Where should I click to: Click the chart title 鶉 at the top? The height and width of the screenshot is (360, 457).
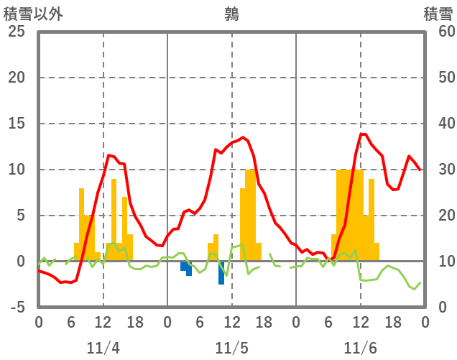tap(231, 14)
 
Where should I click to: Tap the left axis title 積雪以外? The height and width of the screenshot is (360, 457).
tap(32, 14)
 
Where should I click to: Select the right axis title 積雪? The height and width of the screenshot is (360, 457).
tap(437, 14)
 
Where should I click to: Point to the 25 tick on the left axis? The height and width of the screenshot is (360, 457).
tap(16, 32)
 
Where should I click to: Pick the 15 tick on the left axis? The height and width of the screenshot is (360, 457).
tap(16, 124)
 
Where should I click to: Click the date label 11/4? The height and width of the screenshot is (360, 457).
tap(103, 349)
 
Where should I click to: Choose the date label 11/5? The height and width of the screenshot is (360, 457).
tap(231, 349)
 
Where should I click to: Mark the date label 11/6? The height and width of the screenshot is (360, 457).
tap(360, 349)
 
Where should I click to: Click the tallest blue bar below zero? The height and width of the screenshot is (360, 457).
tap(221, 274)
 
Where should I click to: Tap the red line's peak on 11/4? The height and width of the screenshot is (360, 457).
tap(109, 155)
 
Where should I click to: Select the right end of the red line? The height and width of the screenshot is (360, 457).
tap(420, 170)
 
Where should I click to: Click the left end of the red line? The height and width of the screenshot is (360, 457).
tap(39, 271)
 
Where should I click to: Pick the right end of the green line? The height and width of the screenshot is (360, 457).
tap(420, 282)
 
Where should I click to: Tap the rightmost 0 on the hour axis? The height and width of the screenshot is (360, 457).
tap(425, 322)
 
